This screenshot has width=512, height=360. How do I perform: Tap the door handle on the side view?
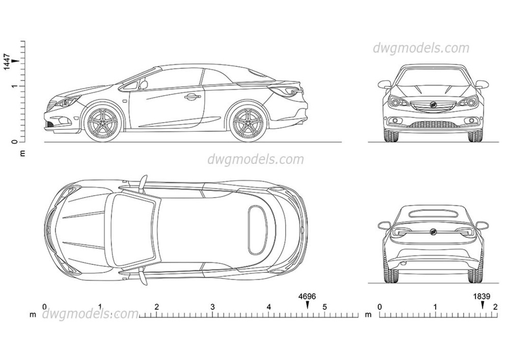192,96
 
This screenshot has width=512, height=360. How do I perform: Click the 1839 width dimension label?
482,295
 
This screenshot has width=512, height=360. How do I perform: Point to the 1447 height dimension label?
8,61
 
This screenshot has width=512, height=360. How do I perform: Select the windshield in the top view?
131,230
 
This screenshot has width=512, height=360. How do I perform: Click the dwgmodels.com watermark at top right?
421,48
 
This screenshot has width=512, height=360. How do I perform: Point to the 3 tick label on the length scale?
212,307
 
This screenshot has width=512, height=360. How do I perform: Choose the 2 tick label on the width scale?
495,307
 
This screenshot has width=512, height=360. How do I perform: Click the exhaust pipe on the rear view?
403,264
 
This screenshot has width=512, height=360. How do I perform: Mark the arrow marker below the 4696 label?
307,304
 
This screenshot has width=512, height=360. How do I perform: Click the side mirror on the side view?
144,85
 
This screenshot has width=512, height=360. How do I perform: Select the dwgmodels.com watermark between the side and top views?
255,159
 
